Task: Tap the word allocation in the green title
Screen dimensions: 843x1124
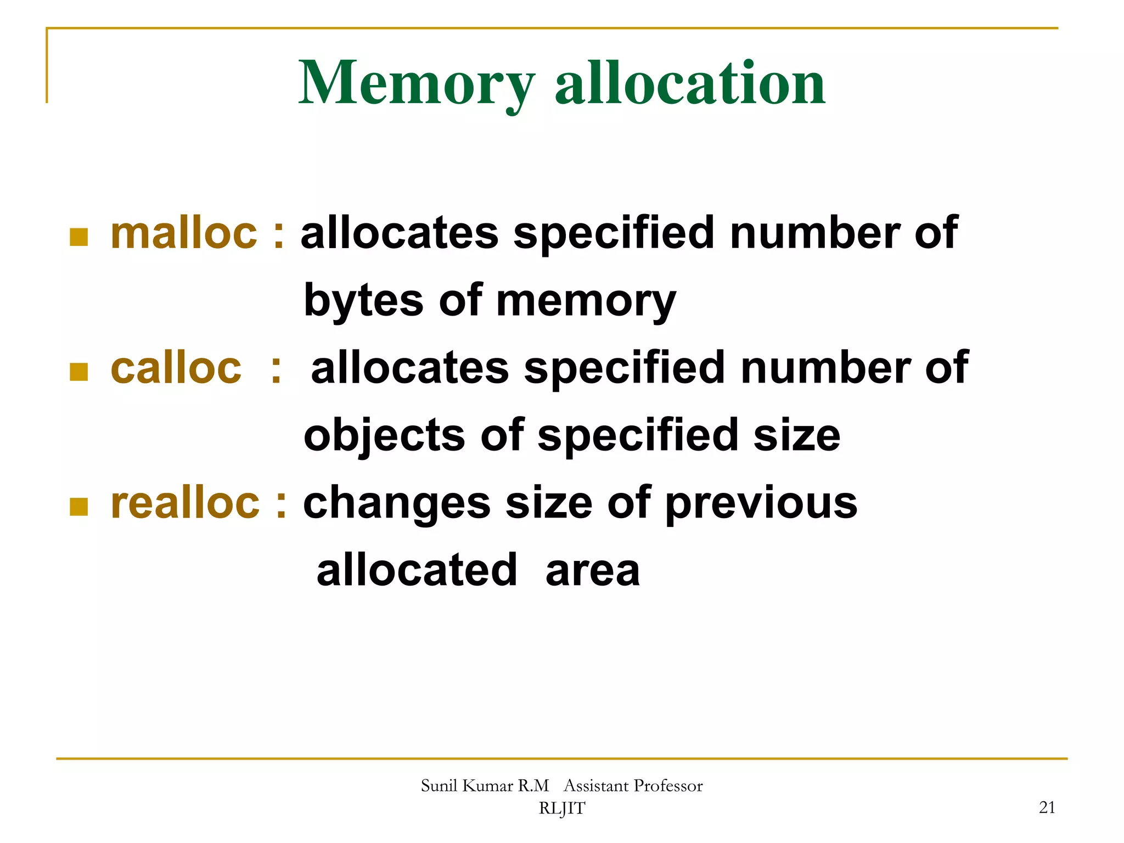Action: pos(690,83)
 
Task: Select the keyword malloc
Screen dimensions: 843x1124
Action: pos(184,233)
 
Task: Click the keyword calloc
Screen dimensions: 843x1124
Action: pos(176,368)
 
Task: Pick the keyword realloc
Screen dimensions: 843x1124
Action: pos(185,503)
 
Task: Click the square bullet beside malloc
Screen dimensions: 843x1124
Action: pos(79,237)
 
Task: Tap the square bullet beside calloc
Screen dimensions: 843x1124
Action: pos(79,372)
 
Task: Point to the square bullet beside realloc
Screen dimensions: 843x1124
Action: pos(79,507)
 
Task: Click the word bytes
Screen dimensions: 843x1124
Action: pos(363,301)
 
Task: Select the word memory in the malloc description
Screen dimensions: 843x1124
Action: pos(586,301)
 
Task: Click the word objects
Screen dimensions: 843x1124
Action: pos(384,436)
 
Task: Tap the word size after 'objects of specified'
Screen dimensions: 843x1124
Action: pos(796,436)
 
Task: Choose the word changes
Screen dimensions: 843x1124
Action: pos(397,503)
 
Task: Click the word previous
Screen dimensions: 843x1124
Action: pos(761,503)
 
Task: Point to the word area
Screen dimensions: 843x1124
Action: pos(593,571)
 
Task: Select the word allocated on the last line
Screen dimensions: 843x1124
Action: pos(417,571)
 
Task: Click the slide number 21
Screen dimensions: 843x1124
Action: pos(1047,807)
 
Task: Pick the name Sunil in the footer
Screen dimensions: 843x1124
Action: pos(439,786)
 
